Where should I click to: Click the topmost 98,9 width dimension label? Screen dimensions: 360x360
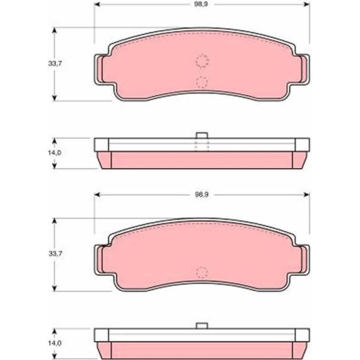(201, 4)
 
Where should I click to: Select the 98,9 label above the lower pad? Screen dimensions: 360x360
(202, 195)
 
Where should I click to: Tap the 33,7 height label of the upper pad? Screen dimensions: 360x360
(55, 64)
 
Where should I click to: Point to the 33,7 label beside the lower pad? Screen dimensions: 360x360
(56, 254)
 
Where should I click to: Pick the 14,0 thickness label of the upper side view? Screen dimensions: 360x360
(55, 153)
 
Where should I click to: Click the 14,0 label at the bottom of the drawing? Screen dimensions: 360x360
(55, 343)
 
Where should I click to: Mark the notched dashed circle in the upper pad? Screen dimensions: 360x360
(202, 61)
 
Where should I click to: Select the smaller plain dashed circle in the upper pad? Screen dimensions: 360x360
(202, 82)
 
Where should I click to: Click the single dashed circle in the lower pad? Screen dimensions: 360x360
(202, 273)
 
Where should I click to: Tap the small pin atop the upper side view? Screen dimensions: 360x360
(202, 135)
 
